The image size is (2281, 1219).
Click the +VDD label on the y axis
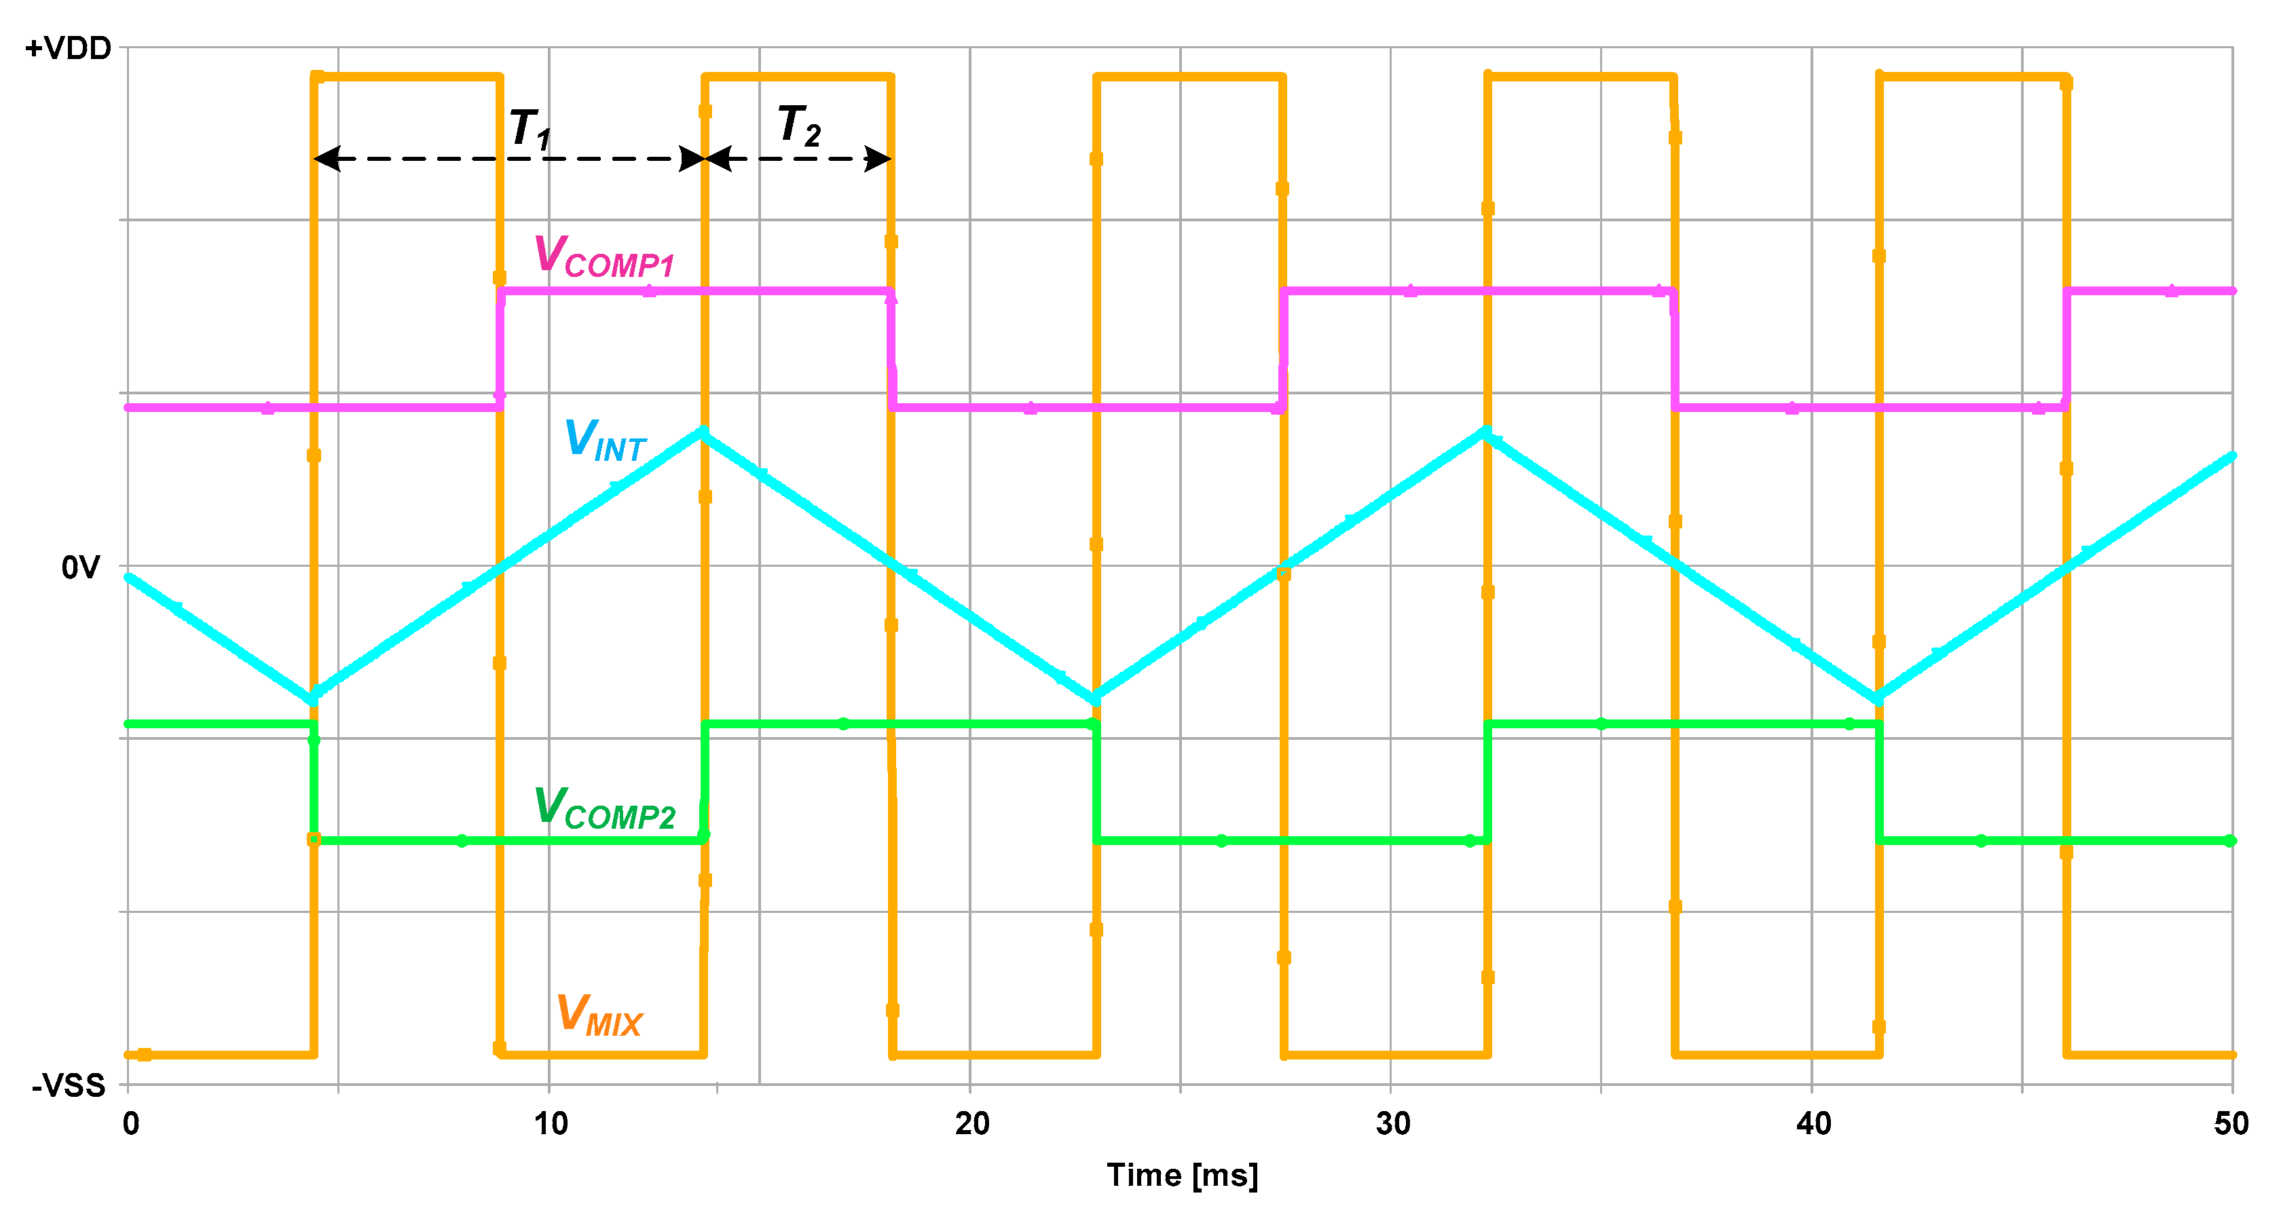68,49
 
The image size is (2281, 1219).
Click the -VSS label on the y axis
68,1085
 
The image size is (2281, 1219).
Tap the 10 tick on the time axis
550,1123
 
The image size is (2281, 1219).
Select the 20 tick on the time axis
971,1123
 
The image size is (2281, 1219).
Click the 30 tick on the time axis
1392,1123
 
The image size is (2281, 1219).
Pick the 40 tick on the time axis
1813,1123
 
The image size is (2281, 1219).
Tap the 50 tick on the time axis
2231,1123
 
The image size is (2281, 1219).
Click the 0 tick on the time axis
131,1123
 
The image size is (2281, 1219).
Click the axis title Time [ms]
1182,1175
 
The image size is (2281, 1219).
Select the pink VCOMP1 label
604,258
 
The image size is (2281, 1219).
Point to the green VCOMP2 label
604,809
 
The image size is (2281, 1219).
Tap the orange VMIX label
599,1015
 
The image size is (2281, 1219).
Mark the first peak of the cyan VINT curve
703,432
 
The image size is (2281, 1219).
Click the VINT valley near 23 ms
1095,698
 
